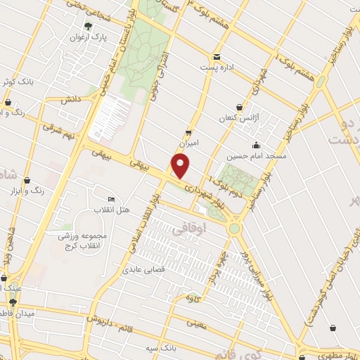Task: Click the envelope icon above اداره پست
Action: [x=216, y=57]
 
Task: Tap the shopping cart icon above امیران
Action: [x=188, y=131]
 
